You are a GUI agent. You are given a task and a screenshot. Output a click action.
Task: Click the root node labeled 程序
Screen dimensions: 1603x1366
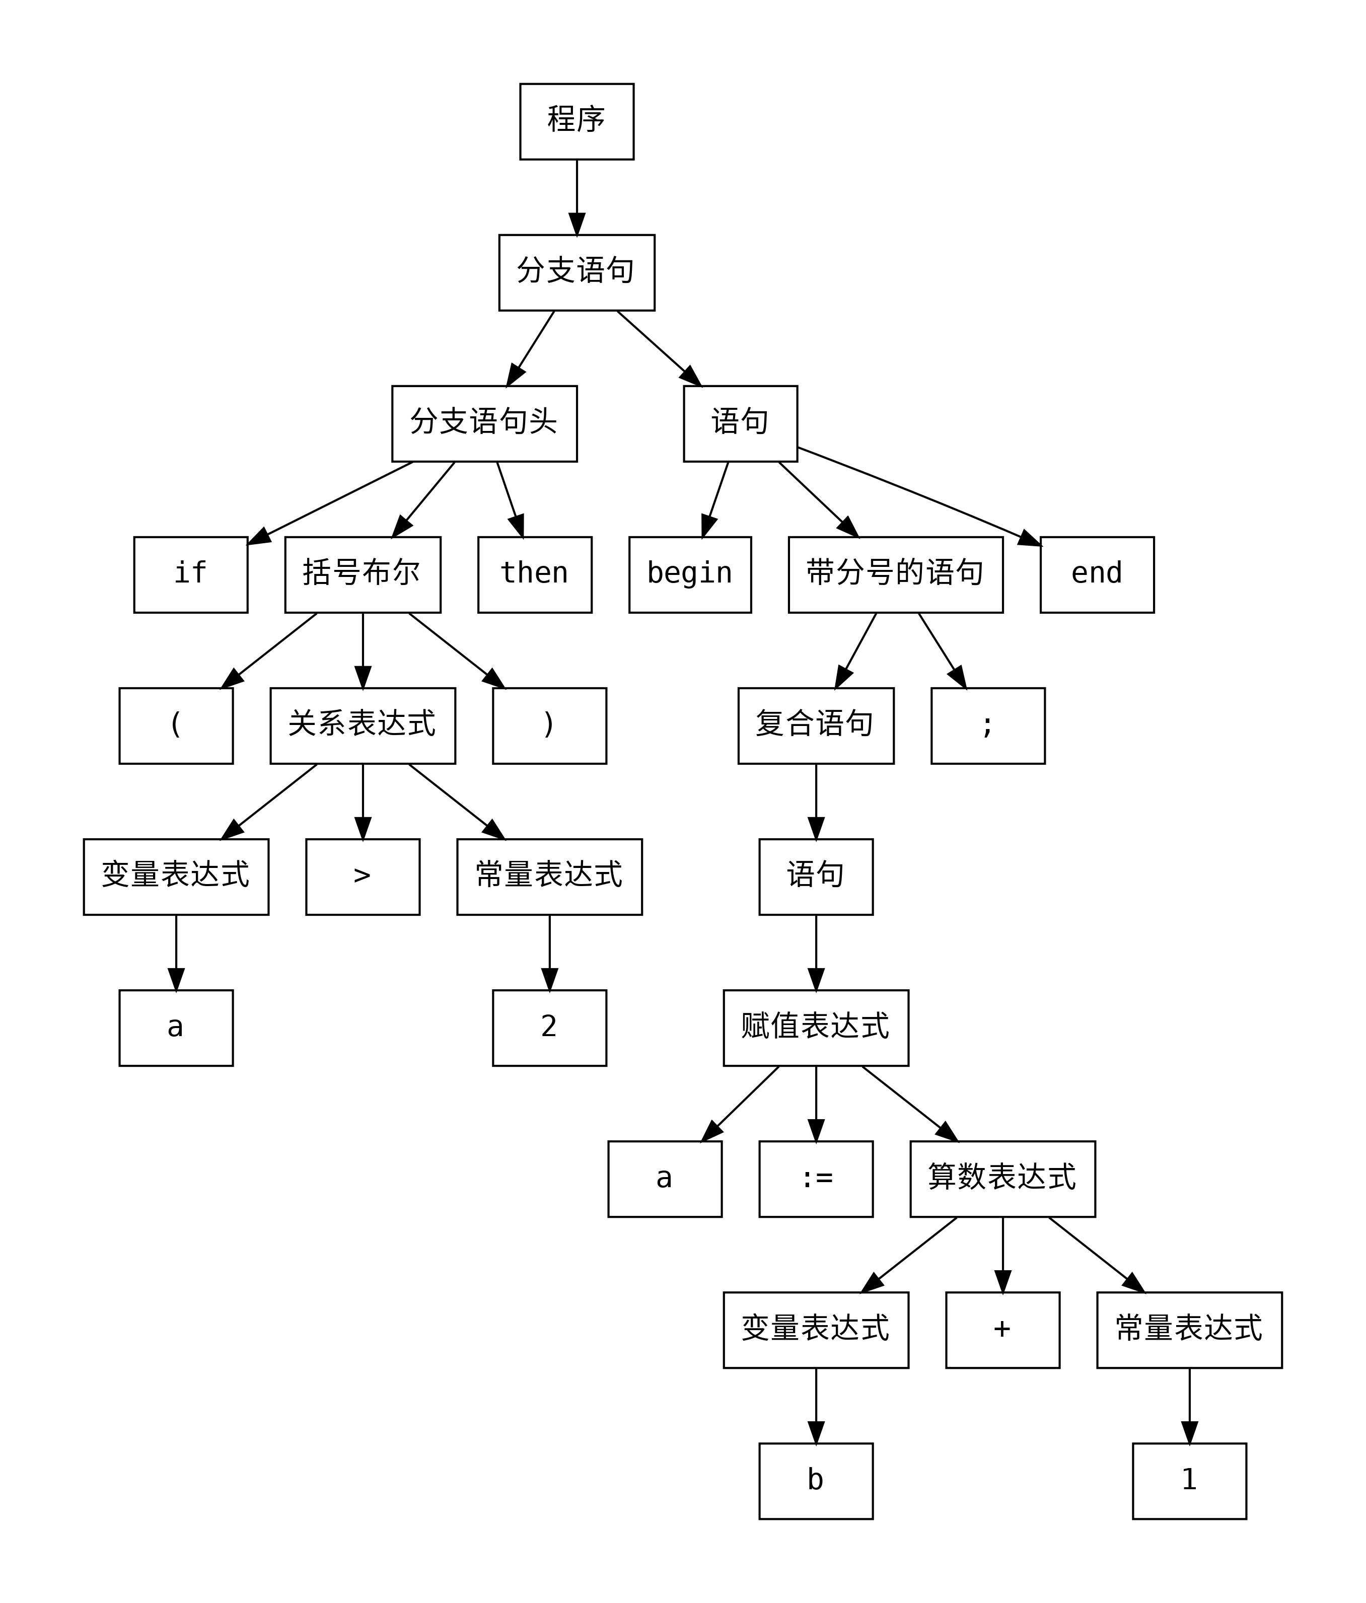(576, 121)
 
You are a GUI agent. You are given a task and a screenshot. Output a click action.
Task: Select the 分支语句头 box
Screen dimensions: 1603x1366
(484, 423)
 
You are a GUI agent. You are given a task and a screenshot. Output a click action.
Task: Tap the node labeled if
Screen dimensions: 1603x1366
(190, 574)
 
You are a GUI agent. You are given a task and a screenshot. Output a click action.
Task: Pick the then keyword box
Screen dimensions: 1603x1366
(534, 574)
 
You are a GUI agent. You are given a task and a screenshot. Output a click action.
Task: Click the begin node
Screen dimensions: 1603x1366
(690, 574)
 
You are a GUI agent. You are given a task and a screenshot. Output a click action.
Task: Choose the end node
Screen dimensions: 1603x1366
(1096, 574)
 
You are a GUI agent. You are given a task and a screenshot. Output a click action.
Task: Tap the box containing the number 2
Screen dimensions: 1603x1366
(549, 1028)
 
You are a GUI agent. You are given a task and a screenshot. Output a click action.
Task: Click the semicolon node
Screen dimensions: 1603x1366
(987, 725)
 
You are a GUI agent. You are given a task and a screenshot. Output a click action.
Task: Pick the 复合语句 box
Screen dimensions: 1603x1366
(815, 725)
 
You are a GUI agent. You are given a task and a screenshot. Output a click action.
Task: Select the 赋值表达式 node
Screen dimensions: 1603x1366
(815, 1028)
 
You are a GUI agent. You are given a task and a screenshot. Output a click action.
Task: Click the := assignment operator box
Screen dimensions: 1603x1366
(815, 1178)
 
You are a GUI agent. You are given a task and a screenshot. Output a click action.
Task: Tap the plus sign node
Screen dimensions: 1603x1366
(1002, 1329)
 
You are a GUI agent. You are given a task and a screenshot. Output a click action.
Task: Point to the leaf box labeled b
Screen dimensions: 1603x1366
(815, 1481)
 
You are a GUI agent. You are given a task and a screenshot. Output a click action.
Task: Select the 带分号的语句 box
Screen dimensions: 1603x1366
(895, 574)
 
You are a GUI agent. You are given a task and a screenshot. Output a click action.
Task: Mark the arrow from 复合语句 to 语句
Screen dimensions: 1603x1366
(815, 800)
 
